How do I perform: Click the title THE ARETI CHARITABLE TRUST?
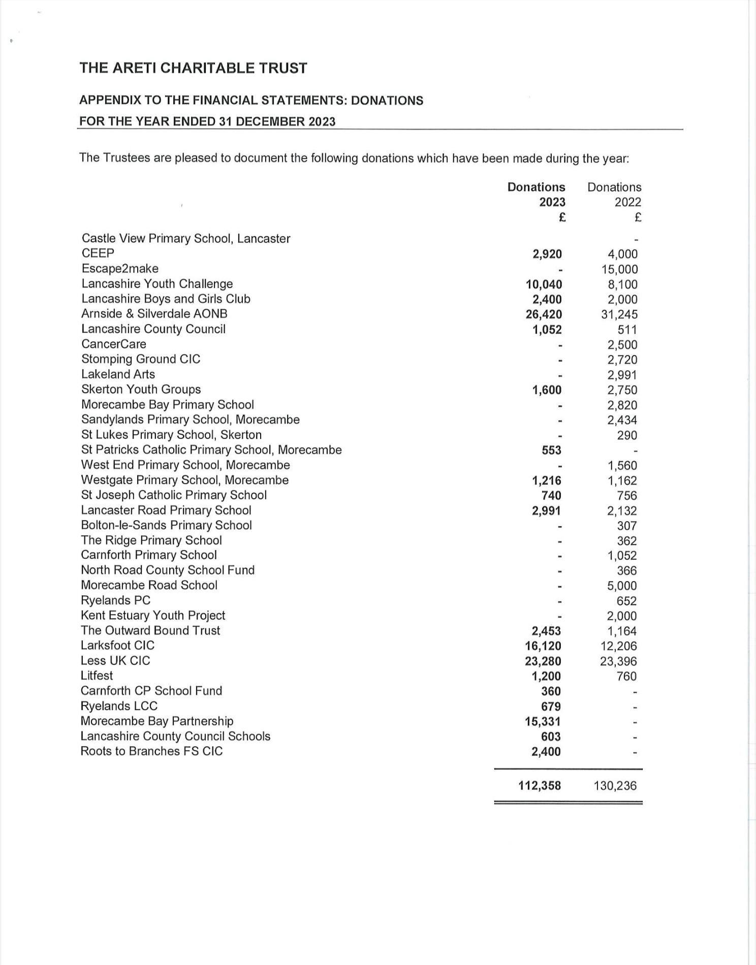click(193, 68)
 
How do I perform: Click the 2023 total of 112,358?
click(540, 786)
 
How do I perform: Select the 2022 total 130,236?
click(615, 786)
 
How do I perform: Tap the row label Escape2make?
click(120, 269)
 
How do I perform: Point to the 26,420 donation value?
click(544, 314)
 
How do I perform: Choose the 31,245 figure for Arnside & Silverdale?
click(619, 314)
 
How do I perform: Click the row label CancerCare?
click(114, 344)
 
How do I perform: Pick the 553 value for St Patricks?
click(551, 450)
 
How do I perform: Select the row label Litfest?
click(97, 675)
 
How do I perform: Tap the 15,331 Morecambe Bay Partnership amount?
click(543, 721)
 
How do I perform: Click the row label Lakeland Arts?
click(118, 374)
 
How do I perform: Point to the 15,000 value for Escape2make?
click(619, 269)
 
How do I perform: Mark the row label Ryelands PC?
click(116, 600)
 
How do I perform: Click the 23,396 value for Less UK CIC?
click(618, 661)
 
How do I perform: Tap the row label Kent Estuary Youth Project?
click(153, 616)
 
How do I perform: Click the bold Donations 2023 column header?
click(537, 195)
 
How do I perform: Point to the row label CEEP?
click(98, 253)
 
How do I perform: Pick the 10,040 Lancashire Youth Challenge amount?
click(544, 284)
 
